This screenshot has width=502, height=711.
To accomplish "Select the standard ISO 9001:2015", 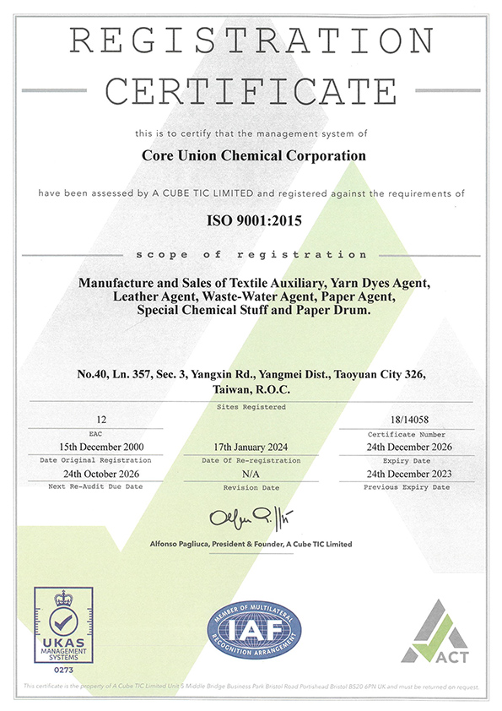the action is (251, 221).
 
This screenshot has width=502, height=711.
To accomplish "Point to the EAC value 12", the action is (102, 418).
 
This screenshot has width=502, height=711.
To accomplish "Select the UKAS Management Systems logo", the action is (62, 625).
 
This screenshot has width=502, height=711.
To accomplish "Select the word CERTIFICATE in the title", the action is (251, 89).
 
